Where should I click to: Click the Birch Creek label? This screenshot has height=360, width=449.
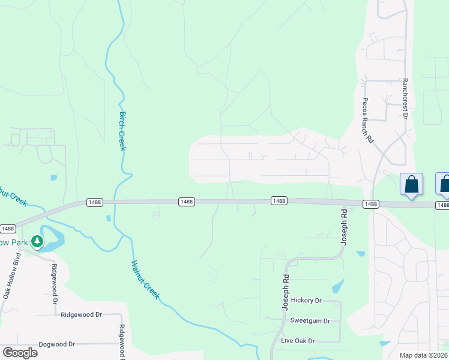122,131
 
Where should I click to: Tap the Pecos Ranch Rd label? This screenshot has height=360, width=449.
367,120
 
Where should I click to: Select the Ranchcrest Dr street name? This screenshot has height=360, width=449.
406,98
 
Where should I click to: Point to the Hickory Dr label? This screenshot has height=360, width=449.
306,300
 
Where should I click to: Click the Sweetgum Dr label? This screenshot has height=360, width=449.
310,320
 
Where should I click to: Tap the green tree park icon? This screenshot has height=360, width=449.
37,242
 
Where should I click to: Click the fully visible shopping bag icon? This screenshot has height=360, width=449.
412,184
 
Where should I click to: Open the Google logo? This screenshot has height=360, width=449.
20,352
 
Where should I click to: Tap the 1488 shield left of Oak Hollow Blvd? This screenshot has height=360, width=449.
8,229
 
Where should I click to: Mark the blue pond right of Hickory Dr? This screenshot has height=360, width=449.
338,286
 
